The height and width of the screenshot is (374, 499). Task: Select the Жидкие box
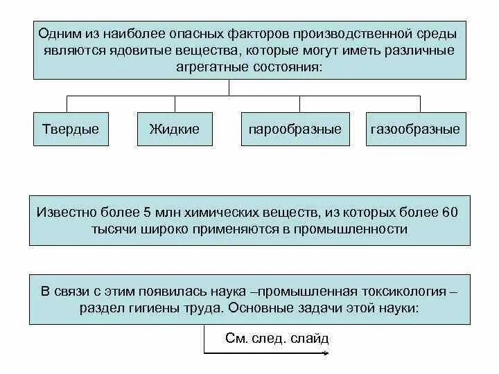click(175, 129)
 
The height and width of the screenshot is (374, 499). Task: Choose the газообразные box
click(415, 130)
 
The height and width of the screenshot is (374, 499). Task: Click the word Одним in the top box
click(58, 33)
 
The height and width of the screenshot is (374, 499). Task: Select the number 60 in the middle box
click(449, 211)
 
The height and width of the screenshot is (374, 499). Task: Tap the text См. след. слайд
click(277, 339)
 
